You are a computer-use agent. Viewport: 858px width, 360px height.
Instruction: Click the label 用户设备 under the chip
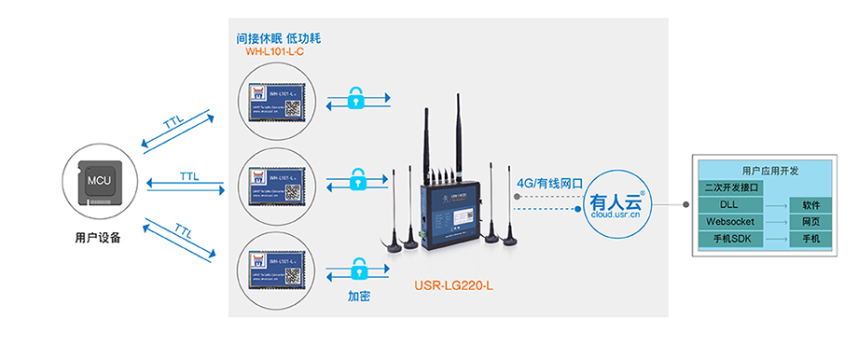coord(98,238)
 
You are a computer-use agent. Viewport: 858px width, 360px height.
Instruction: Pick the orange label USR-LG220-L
coord(453,286)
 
